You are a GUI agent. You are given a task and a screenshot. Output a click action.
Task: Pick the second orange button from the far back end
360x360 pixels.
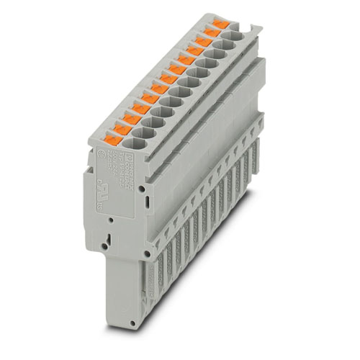click(x=212, y=33)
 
